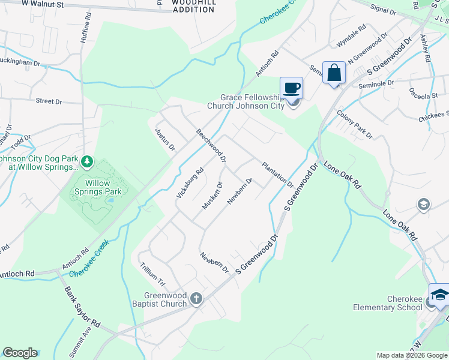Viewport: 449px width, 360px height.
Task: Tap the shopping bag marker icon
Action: click(x=334, y=73)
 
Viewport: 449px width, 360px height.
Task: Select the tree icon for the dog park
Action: click(x=88, y=161)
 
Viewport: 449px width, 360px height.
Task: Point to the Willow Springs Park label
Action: click(x=98, y=187)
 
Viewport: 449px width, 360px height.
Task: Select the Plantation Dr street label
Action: click(x=277, y=175)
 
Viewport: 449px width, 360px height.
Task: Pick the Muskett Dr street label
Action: click(x=212, y=196)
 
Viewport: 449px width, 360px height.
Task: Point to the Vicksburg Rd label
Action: click(x=190, y=183)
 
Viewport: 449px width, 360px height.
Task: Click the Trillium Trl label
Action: click(x=152, y=274)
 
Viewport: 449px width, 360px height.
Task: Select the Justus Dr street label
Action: click(x=164, y=139)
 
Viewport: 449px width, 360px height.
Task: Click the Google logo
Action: click(x=20, y=353)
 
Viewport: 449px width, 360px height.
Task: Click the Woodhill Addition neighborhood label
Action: click(x=193, y=6)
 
